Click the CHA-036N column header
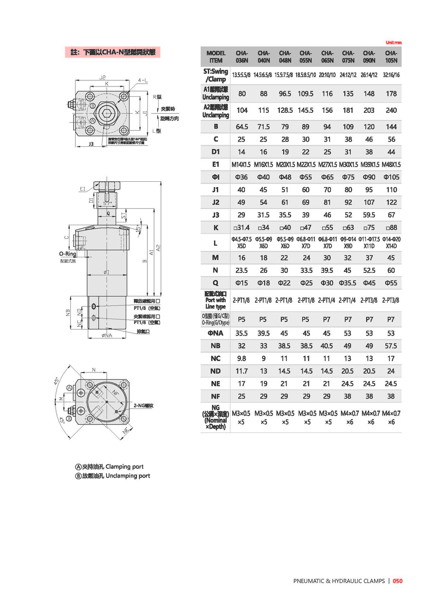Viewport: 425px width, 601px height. (242, 57)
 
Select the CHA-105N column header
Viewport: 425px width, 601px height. (391, 57)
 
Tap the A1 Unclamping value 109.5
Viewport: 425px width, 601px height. (306, 93)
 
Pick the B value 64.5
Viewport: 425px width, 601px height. (242, 127)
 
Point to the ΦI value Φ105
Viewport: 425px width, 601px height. (391, 177)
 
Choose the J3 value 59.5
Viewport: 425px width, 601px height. (369, 215)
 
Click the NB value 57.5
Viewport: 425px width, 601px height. (391, 346)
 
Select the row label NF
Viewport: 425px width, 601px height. (215, 396)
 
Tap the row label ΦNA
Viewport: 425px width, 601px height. (215, 333)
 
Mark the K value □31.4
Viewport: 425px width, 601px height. (242, 228)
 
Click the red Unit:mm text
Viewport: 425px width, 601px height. (393, 42)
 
